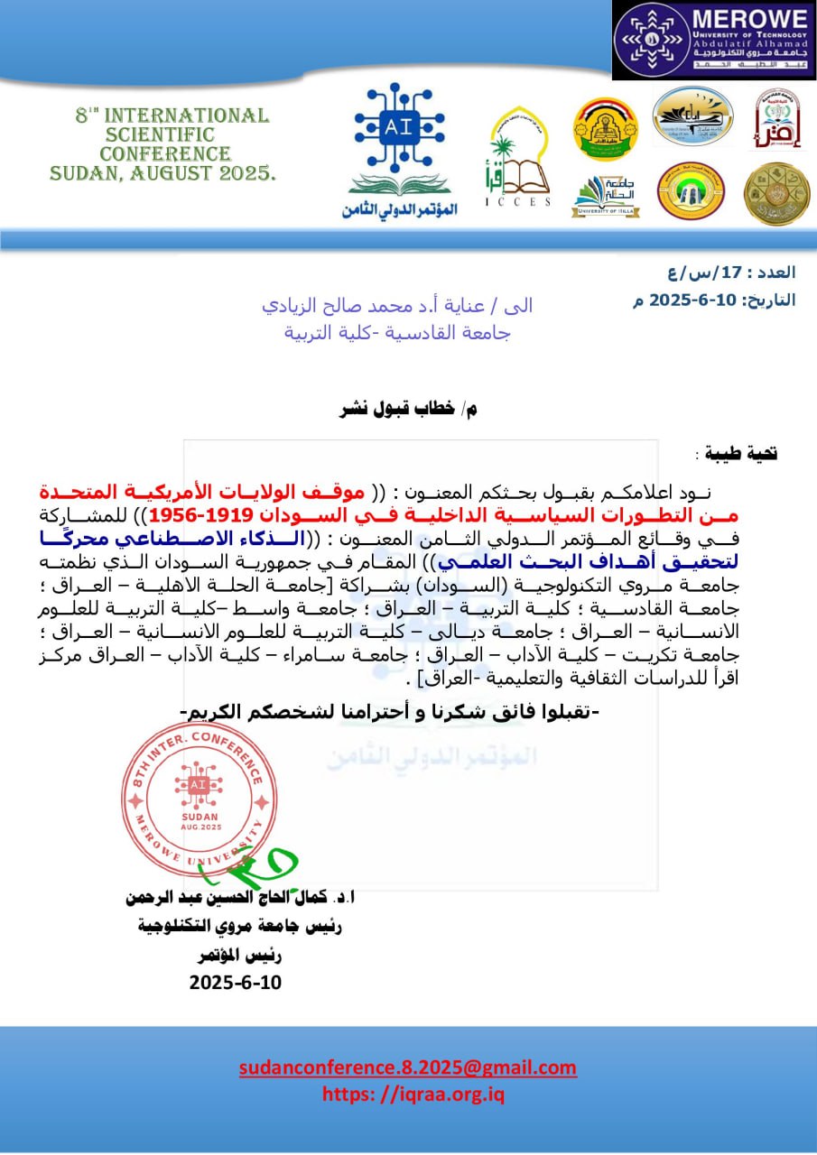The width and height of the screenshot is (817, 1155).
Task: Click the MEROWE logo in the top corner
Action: click(714, 42)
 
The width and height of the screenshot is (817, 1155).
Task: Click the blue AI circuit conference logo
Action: click(399, 149)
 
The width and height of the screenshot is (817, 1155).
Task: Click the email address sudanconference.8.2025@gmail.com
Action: click(408, 1067)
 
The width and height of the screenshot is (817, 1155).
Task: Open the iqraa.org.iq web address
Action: click(413, 1094)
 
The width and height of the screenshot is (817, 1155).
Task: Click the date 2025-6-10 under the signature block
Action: click(236, 982)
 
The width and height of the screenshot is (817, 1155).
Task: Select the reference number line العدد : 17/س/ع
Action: click(741, 272)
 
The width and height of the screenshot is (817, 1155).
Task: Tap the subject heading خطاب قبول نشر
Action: click(407, 409)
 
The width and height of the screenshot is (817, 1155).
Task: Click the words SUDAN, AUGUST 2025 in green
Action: click(163, 172)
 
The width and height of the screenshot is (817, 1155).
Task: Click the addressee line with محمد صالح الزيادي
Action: click(396, 305)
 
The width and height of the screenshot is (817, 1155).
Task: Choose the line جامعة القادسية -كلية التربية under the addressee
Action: click(397, 332)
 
